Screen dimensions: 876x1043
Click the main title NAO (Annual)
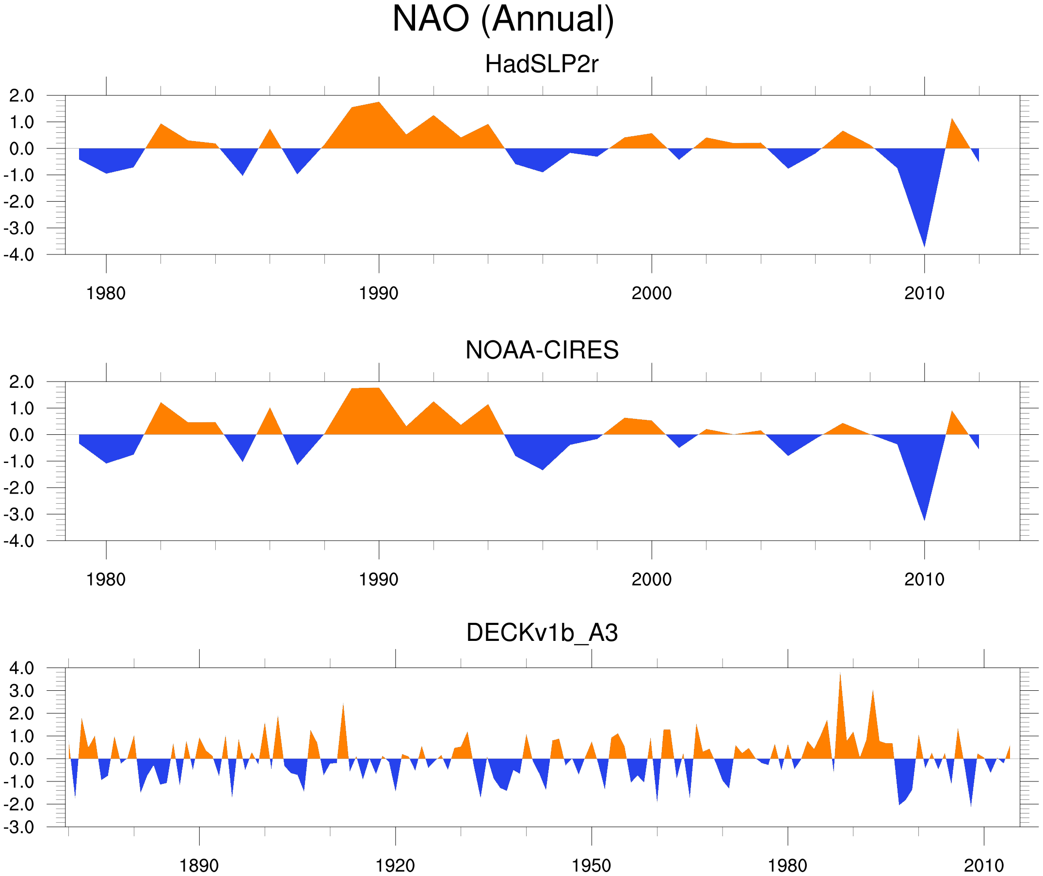pos(503,20)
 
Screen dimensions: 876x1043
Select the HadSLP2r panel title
pos(542,64)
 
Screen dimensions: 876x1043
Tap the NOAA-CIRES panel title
pos(542,350)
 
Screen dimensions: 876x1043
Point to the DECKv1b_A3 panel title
pos(542,633)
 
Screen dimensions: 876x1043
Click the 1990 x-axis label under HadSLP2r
pos(379,293)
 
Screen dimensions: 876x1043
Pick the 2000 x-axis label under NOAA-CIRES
pos(651,579)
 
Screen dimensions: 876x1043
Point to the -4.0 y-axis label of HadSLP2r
pos(19,255)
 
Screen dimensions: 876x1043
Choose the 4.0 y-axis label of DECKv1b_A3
pos(22,669)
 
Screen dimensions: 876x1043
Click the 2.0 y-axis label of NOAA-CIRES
pos(22,382)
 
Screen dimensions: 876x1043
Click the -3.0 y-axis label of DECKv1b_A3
pos(19,828)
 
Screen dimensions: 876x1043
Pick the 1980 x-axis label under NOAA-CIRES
pos(106,579)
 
